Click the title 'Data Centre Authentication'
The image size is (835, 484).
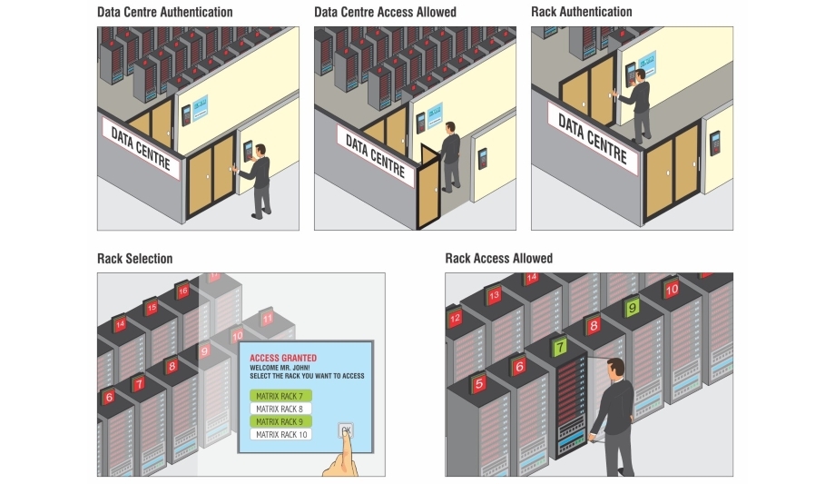165,13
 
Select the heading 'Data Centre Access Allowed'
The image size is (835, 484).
385,13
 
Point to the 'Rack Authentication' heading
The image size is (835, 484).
581,13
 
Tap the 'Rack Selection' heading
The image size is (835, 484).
134,260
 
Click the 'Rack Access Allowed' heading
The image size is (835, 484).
498,260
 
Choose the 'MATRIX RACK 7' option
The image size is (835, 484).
280,396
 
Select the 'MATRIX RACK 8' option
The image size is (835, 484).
280,409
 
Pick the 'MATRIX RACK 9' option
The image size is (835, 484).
280,421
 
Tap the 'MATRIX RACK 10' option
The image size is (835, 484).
280,435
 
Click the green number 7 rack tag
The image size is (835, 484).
560,346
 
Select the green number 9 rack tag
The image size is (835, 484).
632,309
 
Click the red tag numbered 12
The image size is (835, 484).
455,318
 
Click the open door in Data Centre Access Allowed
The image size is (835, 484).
427,191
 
